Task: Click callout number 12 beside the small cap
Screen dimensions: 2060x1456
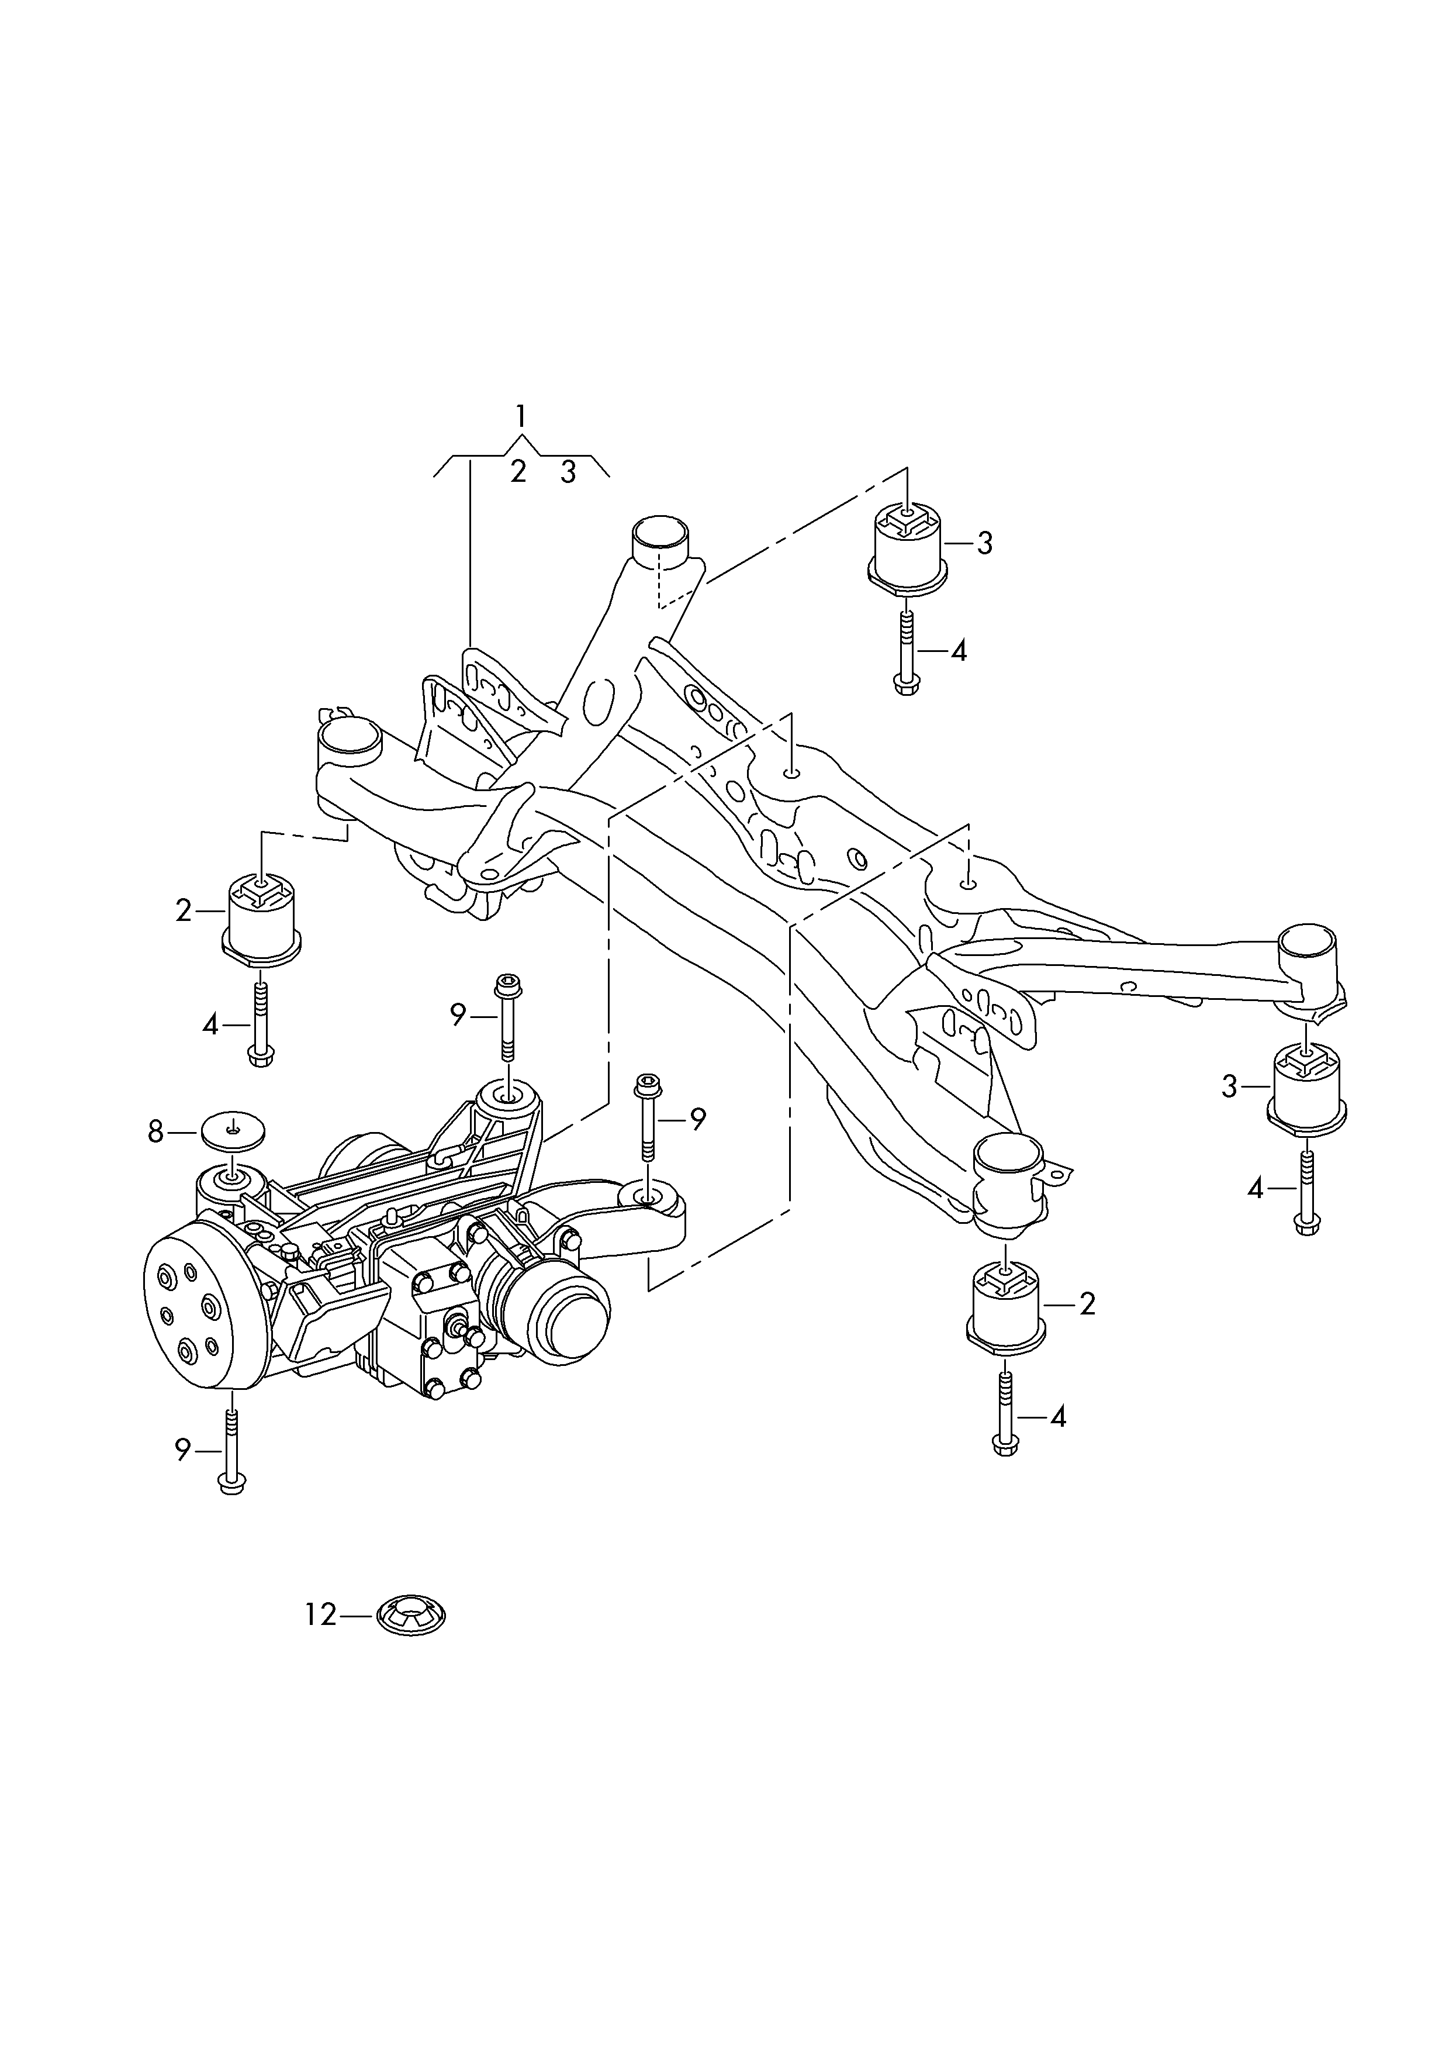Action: [x=319, y=1615]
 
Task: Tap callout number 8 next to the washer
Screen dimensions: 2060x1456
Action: [x=156, y=1132]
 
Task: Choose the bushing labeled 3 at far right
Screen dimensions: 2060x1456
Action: [x=1307, y=1088]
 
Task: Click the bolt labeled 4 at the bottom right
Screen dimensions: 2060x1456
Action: [x=1006, y=1417]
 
